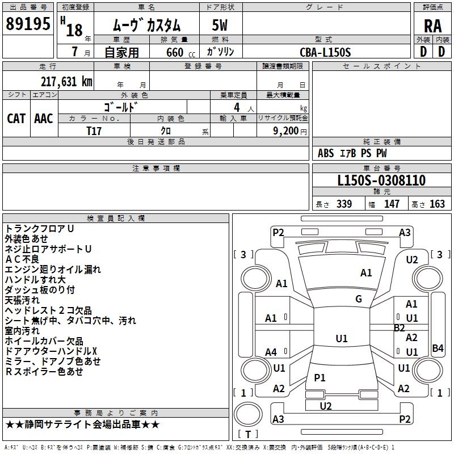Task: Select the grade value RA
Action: click(432, 26)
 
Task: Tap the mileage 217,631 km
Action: click(66, 81)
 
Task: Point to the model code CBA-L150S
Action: click(326, 52)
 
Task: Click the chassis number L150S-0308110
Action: click(381, 180)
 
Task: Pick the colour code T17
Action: click(94, 131)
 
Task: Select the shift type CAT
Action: click(16, 118)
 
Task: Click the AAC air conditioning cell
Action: click(44, 118)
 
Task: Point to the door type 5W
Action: click(220, 26)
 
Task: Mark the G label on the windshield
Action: click(359, 299)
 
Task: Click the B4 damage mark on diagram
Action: click(438, 348)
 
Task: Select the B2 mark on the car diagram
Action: click(400, 327)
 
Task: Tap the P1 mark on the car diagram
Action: click(320, 377)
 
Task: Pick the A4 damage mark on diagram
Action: click(271, 352)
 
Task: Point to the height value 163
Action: click(437, 204)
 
